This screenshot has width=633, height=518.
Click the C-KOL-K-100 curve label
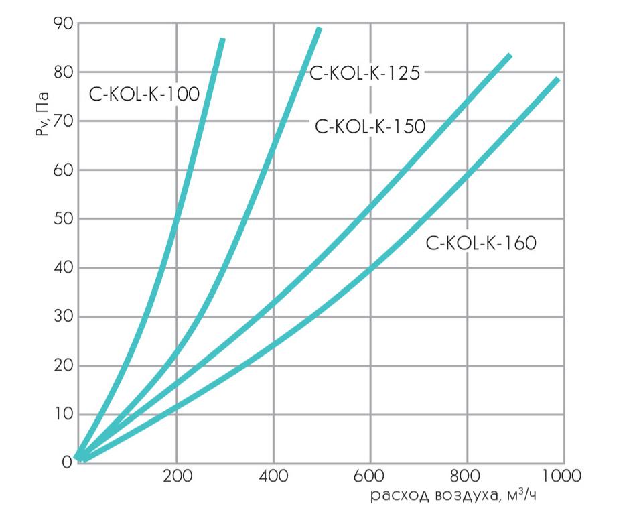tap(144, 94)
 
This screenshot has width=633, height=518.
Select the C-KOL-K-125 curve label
tap(364, 73)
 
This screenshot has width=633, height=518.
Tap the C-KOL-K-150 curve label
tap(370, 126)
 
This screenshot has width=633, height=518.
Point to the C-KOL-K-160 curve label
tap(481, 243)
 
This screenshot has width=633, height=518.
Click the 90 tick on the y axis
tap(62, 23)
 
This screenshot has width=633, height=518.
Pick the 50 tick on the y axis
tap(62, 219)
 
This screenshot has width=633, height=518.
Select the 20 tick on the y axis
tap(62, 366)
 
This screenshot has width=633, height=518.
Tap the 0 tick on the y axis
tap(66, 463)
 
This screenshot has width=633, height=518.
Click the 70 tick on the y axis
tap(62, 121)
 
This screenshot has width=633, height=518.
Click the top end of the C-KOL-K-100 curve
tap(222, 40)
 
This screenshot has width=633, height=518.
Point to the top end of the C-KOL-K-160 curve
tap(557, 80)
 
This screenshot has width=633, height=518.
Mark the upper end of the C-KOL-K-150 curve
tap(510, 56)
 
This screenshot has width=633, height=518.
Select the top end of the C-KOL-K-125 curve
tap(319, 29)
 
